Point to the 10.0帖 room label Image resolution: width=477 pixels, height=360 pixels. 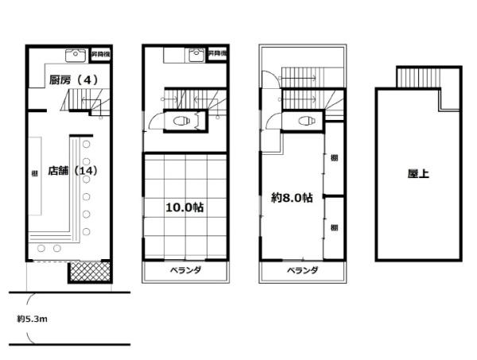pyautogui.click(x=184, y=207)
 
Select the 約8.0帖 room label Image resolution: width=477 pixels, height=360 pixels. pyautogui.click(x=292, y=198)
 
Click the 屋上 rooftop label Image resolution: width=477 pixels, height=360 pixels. pyautogui.click(x=419, y=172)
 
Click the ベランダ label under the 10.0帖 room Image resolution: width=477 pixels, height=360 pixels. pyautogui.click(x=185, y=270)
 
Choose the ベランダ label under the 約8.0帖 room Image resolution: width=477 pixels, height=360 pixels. pyautogui.click(x=303, y=270)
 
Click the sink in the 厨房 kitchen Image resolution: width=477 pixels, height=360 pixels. pyautogui.click(x=73, y=55)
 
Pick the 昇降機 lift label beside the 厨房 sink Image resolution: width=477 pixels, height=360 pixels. pyautogui.click(x=100, y=53)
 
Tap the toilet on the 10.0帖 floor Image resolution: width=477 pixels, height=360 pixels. pyautogui.click(x=180, y=122)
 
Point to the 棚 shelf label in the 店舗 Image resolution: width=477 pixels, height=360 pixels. pyautogui.click(x=33, y=174)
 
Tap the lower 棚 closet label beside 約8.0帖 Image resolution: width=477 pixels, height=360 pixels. pyautogui.click(x=334, y=227)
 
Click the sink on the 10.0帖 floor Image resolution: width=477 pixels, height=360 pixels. pyautogui.click(x=193, y=55)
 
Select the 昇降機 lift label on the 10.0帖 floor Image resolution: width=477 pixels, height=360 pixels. pyautogui.click(x=217, y=53)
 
